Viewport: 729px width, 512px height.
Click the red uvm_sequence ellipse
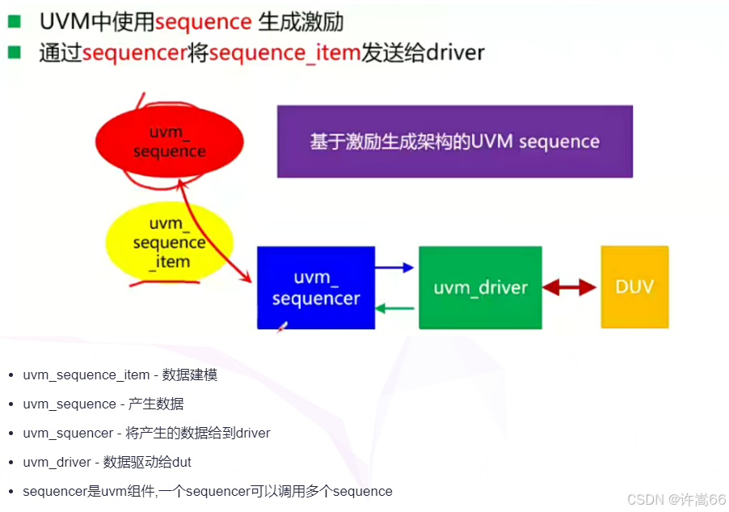point(169,142)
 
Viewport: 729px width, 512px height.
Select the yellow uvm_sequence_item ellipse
point(170,242)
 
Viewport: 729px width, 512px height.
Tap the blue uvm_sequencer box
point(316,288)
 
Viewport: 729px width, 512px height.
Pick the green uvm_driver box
point(480,287)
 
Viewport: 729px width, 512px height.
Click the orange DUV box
point(634,287)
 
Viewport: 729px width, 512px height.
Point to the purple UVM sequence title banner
point(454,142)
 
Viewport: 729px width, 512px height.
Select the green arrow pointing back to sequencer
point(396,307)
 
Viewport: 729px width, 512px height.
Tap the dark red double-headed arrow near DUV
point(569,287)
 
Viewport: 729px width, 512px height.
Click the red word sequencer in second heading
point(135,53)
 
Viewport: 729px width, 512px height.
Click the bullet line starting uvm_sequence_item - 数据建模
point(120,375)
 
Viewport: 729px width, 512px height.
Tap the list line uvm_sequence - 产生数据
point(103,404)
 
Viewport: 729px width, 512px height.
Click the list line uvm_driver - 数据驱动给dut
point(107,463)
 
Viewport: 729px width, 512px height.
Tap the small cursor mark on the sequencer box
point(282,327)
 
